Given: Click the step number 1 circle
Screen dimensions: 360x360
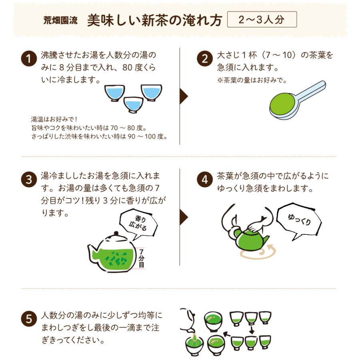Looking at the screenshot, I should (28, 60).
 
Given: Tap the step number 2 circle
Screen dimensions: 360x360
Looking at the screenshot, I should (204, 60).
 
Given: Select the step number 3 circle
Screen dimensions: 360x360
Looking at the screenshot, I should (28, 180).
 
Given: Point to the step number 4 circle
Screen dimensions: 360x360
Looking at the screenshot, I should (204, 180).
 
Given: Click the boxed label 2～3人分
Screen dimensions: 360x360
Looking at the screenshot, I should (262, 20).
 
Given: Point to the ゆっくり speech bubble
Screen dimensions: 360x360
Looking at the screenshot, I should (299, 219).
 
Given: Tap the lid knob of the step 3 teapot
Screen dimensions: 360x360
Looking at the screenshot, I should (116, 233).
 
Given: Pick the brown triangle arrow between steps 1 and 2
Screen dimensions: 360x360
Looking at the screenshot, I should (184, 96).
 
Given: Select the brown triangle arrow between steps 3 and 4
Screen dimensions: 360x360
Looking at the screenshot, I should (184, 217).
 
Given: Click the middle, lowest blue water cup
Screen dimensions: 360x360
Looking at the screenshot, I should (133, 105).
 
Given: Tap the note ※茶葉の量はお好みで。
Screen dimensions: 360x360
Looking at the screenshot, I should (252, 80).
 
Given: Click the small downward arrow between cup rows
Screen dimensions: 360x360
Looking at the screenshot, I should (252, 330).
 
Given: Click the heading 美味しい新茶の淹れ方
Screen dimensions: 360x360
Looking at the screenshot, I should (154, 20).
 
